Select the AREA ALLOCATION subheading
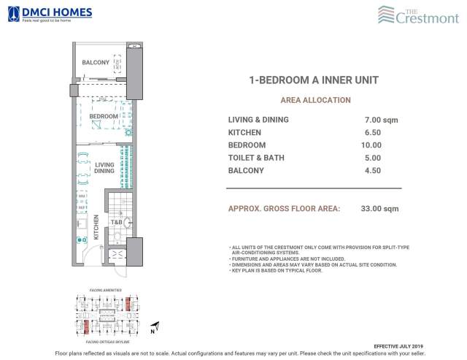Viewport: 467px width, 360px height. point(315,100)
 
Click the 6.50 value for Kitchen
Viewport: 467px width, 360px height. point(374,132)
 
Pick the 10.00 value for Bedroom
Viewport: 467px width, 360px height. point(374,145)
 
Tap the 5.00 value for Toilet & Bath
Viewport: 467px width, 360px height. point(374,158)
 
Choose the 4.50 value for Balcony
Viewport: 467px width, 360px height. point(374,171)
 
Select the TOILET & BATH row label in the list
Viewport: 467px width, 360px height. point(256,158)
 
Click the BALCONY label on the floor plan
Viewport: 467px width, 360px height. point(96,63)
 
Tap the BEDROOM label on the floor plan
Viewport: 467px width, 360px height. point(104,117)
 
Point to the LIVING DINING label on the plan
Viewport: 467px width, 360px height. point(104,169)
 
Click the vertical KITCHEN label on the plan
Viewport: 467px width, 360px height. point(96,229)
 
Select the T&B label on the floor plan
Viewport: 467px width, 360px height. point(115,222)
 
